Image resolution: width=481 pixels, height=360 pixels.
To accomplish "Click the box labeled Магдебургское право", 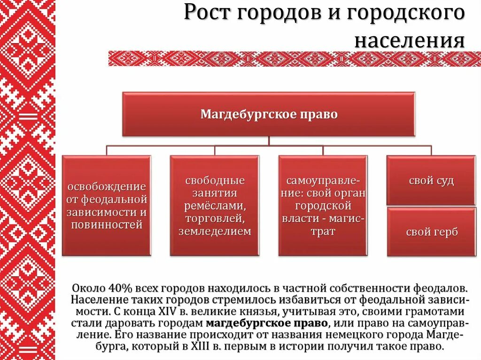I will pos(269,115).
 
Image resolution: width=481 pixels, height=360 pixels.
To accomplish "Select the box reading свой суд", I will pos(431,181).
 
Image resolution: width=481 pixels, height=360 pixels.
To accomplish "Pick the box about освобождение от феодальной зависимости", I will pos(107,206).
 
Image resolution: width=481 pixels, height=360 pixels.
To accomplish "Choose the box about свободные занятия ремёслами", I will pos(215,206).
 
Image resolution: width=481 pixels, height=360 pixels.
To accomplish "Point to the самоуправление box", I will pos(323,206).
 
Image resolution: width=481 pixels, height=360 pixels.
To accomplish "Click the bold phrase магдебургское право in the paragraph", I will pos(267,323).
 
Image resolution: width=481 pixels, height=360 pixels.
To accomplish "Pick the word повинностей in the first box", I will pos(107,225).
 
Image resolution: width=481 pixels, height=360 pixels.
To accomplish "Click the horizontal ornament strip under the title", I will pos(295,59).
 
